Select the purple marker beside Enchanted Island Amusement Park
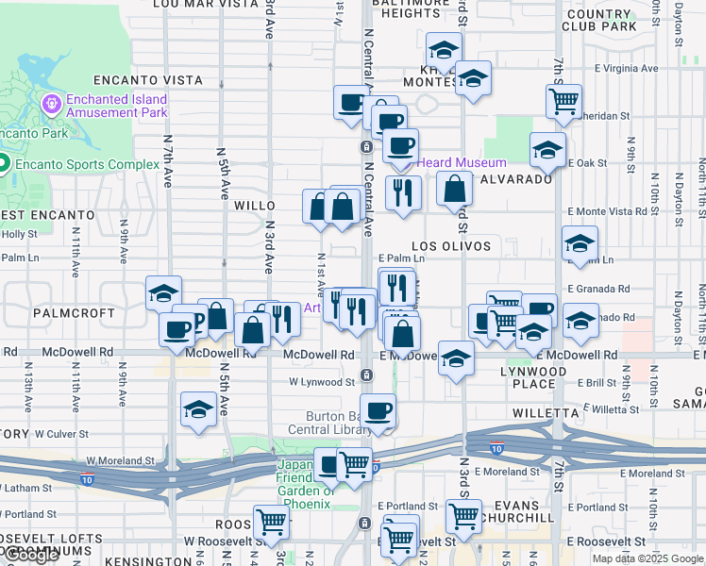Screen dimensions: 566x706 [x=50, y=101]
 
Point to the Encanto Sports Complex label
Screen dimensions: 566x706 [x=86, y=164]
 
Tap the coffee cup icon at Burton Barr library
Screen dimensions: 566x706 [x=378, y=410]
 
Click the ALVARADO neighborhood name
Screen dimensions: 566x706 [x=516, y=179]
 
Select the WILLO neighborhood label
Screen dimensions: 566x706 [x=254, y=206]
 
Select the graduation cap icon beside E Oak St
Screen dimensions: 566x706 [x=546, y=148]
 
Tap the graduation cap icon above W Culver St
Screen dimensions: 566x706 [x=198, y=409]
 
